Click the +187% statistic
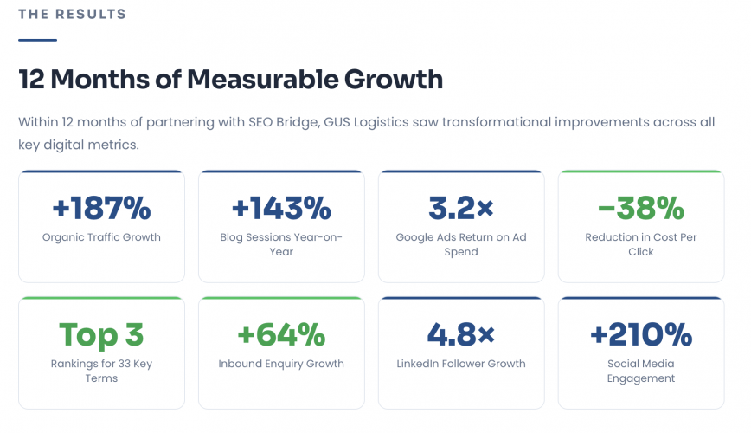[x=101, y=209]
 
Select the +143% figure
[x=281, y=209]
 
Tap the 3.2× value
[x=461, y=209]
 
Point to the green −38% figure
[x=641, y=209]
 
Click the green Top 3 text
[x=101, y=335]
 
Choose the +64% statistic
[x=281, y=335]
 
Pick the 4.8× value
[x=461, y=335]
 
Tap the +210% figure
[x=641, y=335]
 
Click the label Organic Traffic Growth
[x=101, y=237]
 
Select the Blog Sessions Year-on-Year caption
[x=281, y=244]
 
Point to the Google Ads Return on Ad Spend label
[x=461, y=244]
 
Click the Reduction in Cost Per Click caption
[x=641, y=244]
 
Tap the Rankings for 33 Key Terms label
[x=101, y=371]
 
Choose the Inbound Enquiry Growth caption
[x=281, y=364]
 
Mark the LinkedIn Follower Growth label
[x=461, y=364]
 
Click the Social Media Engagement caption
[x=641, y=371]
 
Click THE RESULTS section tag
[x=72, y=15]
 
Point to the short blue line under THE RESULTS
[x=37, y=40]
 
